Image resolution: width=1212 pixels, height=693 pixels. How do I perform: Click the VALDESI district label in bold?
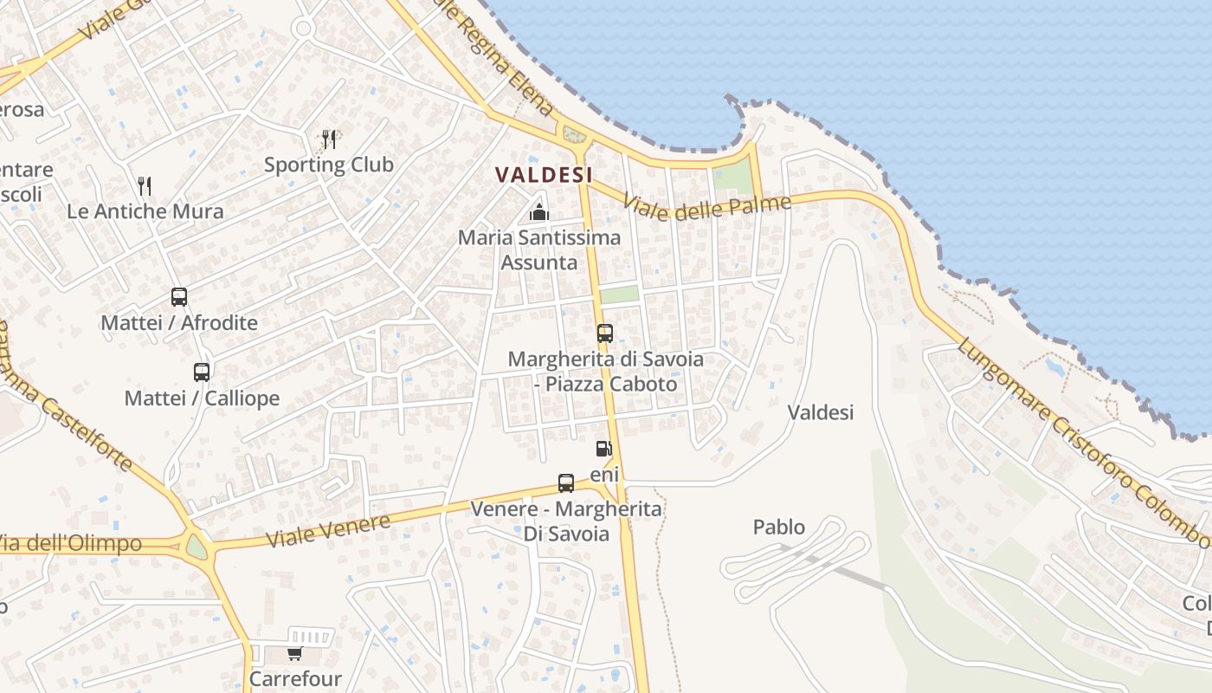pyautogui.click(x=544, y=174)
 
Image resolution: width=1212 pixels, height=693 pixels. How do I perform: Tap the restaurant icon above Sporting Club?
pyautogui.click(x=329, y=139)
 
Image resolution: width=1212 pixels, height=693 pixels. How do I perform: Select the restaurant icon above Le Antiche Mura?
pyautogui.click(x=145, y=185)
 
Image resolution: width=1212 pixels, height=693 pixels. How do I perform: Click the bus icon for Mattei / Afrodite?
pyautogui.click(x=179, y=297)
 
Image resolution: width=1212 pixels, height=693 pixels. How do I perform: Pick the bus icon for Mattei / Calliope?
pyautogui.click(x=202, y=372)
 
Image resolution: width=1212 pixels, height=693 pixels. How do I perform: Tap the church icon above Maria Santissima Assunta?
pyautogui.click(x=539, y=211)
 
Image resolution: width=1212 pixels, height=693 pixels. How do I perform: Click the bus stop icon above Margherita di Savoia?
pyautogui.click(x=605, y=334)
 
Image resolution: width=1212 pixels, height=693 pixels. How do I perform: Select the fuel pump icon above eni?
pyautogui.click(x=604, y=449)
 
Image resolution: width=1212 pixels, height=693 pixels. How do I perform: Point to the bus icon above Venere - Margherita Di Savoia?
pyautogui.click(x=566, y=483)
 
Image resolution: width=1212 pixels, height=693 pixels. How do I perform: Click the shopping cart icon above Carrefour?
pyautogui.click(x=295, y=653)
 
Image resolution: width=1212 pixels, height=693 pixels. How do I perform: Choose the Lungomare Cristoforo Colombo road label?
pyautogui.click(x=1081, y=442)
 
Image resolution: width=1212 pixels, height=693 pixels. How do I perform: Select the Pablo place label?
pyautogui.click(x=778, y=527)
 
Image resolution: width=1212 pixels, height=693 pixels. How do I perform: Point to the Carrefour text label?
pyautogui.click(x=295, y=677)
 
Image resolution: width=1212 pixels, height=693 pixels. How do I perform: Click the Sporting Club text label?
pyautogui.click(x=329, y=165)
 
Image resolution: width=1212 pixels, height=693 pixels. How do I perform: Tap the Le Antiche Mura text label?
pyautogui.click(x=145, y=211)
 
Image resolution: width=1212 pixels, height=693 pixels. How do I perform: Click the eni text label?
pyautogui.click(x=604, y=475)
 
